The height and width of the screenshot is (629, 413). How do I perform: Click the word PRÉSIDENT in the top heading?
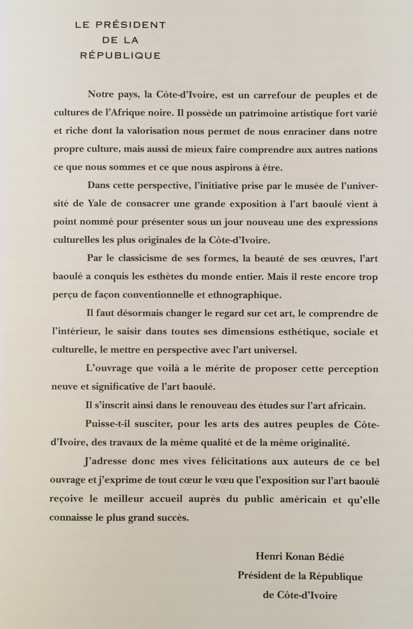click(x=130, y=25)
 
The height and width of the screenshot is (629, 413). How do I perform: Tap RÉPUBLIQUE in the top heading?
click(x=121, y=56)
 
